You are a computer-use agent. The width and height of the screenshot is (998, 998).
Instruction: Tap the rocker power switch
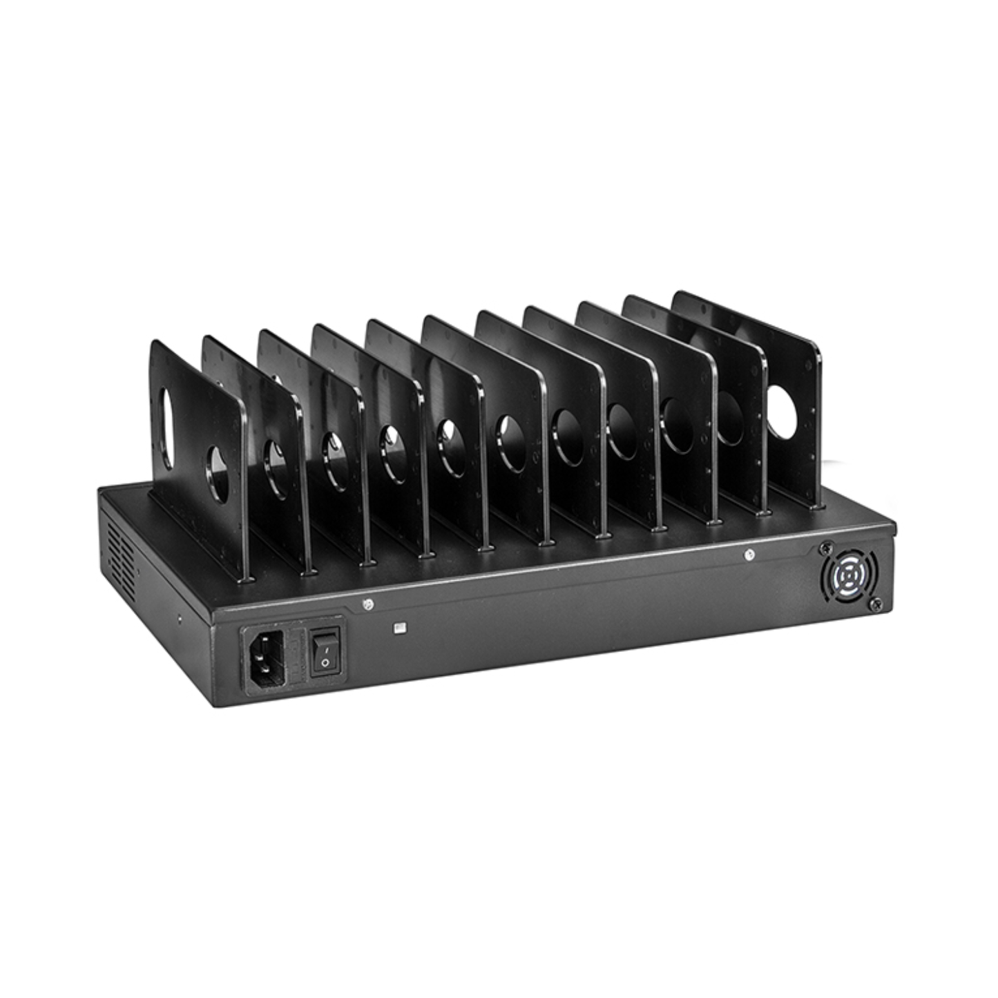pos(326,651)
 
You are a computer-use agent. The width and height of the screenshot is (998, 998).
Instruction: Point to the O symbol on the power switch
pos(325,662)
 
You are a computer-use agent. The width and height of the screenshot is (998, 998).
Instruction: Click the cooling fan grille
pos(850,575)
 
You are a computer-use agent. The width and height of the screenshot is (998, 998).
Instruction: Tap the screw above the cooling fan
pos(824,548)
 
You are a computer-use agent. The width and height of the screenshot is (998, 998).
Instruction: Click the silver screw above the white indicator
pos(368,605)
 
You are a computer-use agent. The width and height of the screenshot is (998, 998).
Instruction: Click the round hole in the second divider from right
pos(729,418)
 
